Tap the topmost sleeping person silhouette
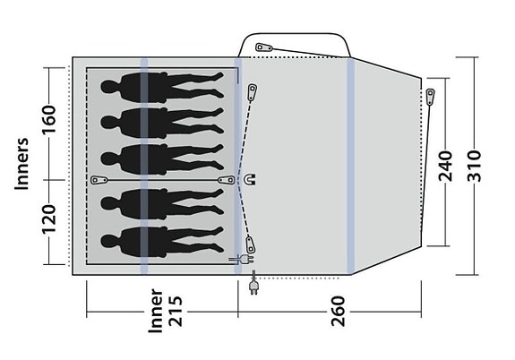pos(161,91)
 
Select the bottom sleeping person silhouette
pos(161,241)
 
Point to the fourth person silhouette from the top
pos(161,201)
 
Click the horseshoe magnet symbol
pos(249,180)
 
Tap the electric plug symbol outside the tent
pos(253,286)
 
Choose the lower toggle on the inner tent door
pos(253,242)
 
